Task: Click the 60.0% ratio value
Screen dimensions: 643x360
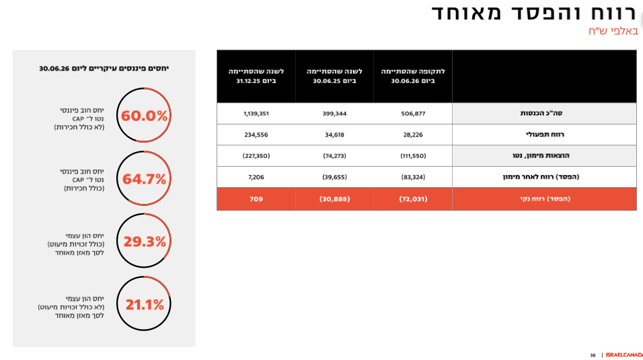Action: pos(144,116)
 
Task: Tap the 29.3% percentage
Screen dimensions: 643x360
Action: pos(145,242)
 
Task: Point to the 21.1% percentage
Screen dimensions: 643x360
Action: pos(145,305)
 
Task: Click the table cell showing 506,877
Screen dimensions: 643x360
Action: pos(413,114)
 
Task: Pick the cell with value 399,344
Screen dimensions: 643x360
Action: pos(334,114)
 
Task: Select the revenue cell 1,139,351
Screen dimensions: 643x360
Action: pos(256,114)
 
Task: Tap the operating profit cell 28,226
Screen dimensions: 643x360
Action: pos(413,135)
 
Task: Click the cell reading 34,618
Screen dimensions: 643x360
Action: pos(334,135)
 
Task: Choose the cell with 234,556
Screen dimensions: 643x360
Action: pos(256,135)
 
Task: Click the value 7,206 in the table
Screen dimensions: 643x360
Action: pos(256,177)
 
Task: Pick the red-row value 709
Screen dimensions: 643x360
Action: pos(256,199)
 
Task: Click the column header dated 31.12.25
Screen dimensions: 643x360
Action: pos(256,76)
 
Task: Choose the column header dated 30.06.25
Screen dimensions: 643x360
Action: pos(334,76)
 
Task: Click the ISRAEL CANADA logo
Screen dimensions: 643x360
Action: pos(624,355)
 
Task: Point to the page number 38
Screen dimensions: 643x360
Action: pos(593,355)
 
